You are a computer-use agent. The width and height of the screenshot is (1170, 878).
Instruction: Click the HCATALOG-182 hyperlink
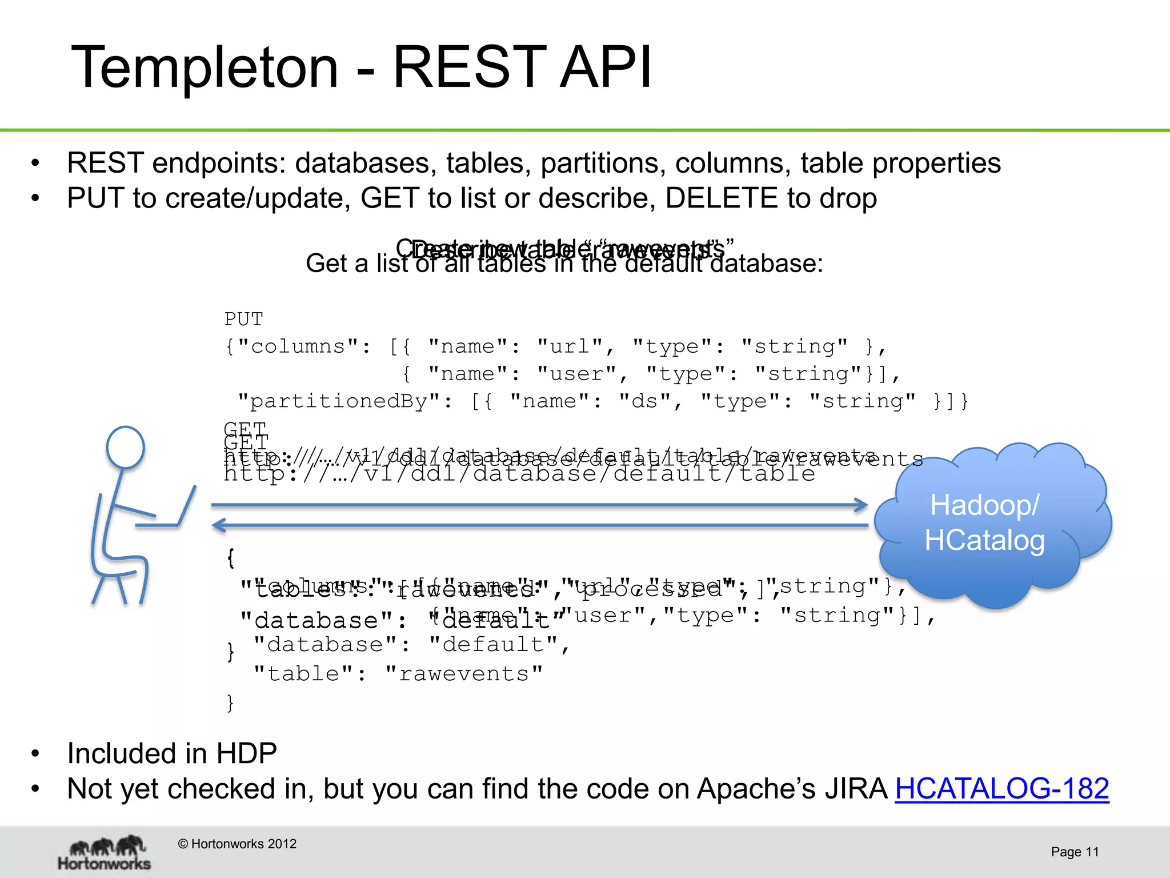point(1001,789)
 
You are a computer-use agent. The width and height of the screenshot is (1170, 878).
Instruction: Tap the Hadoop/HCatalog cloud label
point(985,522)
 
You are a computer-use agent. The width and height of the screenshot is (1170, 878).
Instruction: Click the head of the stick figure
point(125,447)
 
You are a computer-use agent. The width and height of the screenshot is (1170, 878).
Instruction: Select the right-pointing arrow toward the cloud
point(540,505)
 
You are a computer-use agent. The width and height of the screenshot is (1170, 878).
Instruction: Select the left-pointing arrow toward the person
point(540,524)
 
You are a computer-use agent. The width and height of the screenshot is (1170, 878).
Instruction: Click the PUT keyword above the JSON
point(243,319)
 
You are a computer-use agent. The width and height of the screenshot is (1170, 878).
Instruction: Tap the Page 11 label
point(1075,852)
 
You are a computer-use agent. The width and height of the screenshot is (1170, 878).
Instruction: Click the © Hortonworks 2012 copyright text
point(237,844)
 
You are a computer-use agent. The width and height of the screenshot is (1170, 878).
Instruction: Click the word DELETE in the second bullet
point(721,198)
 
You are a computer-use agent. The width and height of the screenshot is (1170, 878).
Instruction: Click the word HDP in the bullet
point(246,753)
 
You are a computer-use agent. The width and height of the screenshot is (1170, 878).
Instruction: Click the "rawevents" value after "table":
point(463,673)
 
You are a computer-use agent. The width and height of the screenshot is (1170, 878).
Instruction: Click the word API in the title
point(605,69)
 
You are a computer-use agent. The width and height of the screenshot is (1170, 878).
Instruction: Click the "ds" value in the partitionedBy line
point(645,401)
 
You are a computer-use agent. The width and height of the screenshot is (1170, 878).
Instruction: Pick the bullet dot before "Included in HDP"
point(35,755)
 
